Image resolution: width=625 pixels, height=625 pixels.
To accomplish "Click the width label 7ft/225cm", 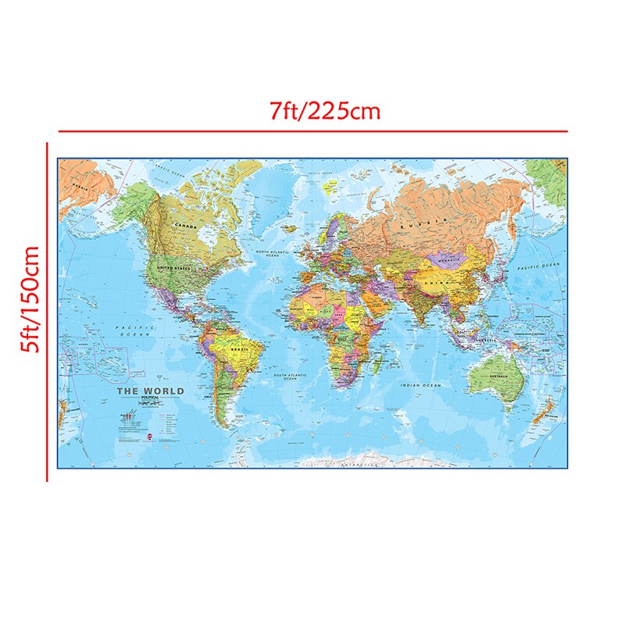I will (324, 112).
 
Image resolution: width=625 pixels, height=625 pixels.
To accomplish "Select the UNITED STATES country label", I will (173, 268).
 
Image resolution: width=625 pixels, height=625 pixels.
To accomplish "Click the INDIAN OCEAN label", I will (422, 386).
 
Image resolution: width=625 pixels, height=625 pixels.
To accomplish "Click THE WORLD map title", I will (151, 391).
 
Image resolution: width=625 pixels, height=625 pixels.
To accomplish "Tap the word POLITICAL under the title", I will (149, 398).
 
